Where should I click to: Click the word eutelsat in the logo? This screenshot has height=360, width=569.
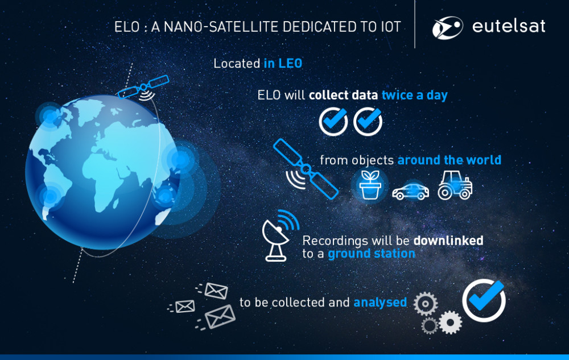508,26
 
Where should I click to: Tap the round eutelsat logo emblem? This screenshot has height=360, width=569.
447,27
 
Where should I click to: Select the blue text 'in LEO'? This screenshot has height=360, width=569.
283,64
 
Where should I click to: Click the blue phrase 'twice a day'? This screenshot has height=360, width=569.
414,96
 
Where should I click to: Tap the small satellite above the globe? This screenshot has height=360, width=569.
144,88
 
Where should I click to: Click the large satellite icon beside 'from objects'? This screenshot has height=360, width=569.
306,169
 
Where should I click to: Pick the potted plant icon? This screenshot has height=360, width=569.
370,185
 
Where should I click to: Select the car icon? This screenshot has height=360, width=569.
410,191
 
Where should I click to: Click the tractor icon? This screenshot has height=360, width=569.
455,185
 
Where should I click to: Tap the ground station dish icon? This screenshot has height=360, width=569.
280,235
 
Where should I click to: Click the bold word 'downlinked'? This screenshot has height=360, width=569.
448,241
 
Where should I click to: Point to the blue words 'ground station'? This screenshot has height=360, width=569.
371,254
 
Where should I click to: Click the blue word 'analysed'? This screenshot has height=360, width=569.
380,303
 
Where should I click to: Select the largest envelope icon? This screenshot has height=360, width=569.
220,316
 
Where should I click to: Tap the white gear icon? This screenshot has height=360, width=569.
450,322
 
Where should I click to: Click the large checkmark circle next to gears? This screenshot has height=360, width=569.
484,300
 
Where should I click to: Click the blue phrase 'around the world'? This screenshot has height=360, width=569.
450,160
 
